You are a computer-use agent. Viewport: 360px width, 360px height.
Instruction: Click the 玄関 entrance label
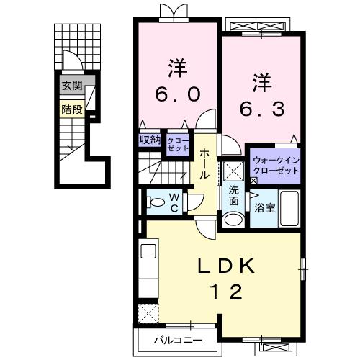71,85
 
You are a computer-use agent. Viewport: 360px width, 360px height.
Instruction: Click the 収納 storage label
150,140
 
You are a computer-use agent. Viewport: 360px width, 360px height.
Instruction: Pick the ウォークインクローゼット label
274,165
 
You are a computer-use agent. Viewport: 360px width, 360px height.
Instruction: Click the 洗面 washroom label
235,197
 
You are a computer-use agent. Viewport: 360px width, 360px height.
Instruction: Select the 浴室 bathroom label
264,209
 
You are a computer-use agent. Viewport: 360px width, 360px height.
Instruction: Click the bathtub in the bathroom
290,209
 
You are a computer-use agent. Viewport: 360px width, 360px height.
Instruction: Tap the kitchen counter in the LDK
148,270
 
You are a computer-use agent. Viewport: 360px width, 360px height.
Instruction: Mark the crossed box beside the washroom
233,172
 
